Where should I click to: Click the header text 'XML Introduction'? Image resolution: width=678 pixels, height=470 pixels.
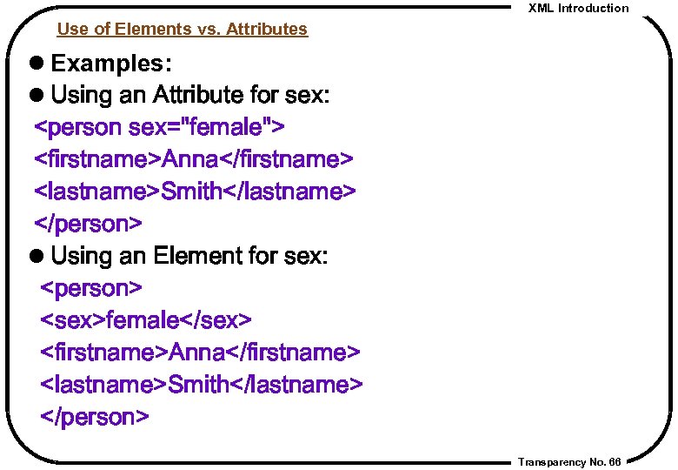click(x=578, y=9)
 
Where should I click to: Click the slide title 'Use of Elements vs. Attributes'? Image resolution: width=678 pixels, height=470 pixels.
click(x=182, y=30)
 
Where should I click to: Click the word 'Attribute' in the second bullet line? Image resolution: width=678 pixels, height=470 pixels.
click(x=201, y=95)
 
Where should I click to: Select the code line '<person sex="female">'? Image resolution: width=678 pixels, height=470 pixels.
click(x=158, y=128)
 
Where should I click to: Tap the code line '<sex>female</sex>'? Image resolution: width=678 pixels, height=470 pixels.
click(x=146, y=320)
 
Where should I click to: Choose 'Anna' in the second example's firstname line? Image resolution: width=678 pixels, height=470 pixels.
click(x=197, y=352)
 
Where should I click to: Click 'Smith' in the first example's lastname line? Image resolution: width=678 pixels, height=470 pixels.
click(x=192, y=192)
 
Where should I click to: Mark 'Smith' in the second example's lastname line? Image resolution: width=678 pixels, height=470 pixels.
click(x=199, y=385)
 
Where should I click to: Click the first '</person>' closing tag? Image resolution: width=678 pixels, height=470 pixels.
click(x=87, y=225)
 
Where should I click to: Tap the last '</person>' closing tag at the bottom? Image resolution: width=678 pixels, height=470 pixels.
click(x=95, y=417)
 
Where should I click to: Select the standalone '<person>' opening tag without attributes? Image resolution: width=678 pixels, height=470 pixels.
click(x=91, y=288)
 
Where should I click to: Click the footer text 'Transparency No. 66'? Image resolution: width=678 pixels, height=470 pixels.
click(x=568, y=462)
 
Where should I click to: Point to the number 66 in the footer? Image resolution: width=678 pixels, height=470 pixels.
click(x=615, y=462)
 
